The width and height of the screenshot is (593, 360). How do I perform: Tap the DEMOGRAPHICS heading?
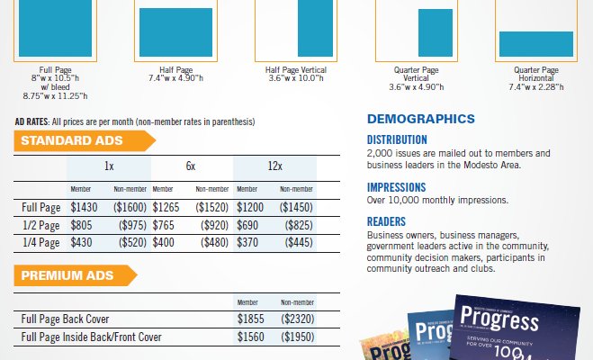tap(420, 119)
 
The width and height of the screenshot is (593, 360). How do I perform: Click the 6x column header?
tap(191, 166)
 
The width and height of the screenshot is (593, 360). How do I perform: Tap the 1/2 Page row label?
tap(40, 225)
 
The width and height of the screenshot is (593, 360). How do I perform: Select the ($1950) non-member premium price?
tap(298, 337)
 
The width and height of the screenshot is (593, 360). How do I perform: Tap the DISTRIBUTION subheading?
tap(397, 139)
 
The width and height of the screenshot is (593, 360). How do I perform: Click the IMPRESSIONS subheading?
tap(396, 187)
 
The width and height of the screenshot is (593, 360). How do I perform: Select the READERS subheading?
tap(386, 221)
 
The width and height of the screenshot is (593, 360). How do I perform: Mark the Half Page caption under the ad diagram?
tap(176, 69)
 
